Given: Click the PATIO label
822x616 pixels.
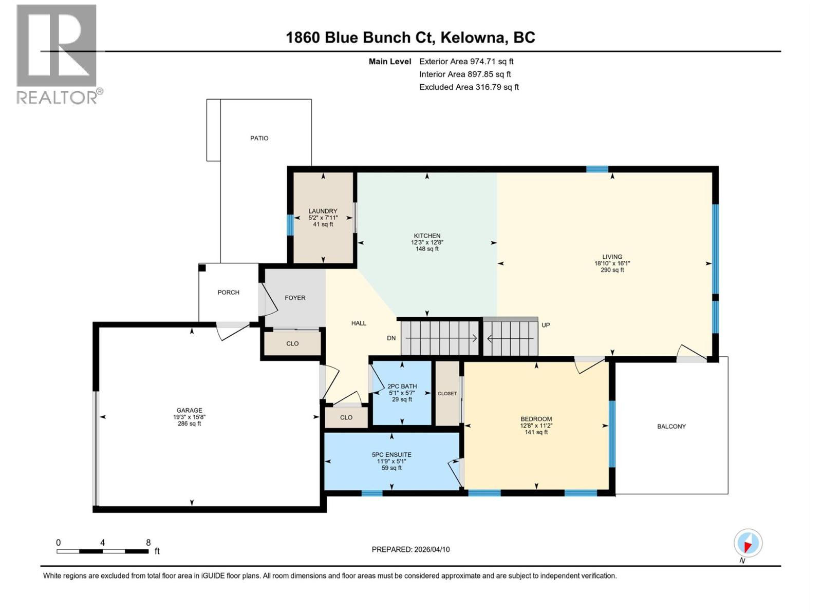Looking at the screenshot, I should pos(259,138).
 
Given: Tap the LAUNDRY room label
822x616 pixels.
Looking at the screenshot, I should pos(323,211).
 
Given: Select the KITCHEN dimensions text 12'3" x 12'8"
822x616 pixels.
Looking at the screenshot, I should pos(426,242).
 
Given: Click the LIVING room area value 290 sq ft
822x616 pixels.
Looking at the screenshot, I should pos(612,270).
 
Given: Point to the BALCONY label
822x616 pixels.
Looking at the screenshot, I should pos(671,427).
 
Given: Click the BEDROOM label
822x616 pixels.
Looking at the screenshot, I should pos(536,419).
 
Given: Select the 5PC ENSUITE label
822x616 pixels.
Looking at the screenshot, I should pos(391,455).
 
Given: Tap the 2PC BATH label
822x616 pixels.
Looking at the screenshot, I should pos(402,387).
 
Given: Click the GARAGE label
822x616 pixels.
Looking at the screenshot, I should pos(189,410).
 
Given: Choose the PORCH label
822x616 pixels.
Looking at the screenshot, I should pos(228,293).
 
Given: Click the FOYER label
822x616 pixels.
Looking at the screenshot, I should pos(295,298).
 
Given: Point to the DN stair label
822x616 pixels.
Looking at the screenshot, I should pos(391,338).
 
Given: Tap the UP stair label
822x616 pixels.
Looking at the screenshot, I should pos(546,325).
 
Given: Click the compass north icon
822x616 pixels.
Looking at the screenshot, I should pos(748,544).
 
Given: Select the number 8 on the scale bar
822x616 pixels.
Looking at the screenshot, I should pos(148,543).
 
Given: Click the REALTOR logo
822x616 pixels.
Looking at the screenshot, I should pos(57,54).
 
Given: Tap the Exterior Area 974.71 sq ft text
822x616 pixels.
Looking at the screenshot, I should pos(466,62).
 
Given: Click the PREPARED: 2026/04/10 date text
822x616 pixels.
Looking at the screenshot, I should pos(410,549).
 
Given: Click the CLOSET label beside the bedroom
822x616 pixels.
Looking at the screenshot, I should pos(447,394).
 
